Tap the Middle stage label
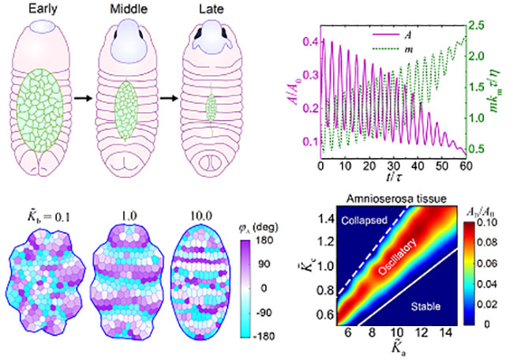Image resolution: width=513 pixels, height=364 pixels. click(x=126, y=10)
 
